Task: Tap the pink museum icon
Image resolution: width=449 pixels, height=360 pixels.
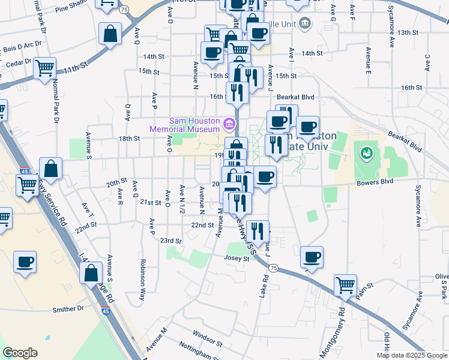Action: (228, 124)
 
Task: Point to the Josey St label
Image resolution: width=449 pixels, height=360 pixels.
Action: (237, 259)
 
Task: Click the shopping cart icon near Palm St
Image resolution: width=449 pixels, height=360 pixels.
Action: (345, 285)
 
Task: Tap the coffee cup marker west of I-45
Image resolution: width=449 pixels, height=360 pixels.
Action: (25, 263)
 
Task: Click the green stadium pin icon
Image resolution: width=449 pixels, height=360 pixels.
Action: (366, 154)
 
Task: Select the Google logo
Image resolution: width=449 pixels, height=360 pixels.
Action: (20, 353)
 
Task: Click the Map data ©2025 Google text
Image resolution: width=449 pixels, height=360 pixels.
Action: (411, 355)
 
